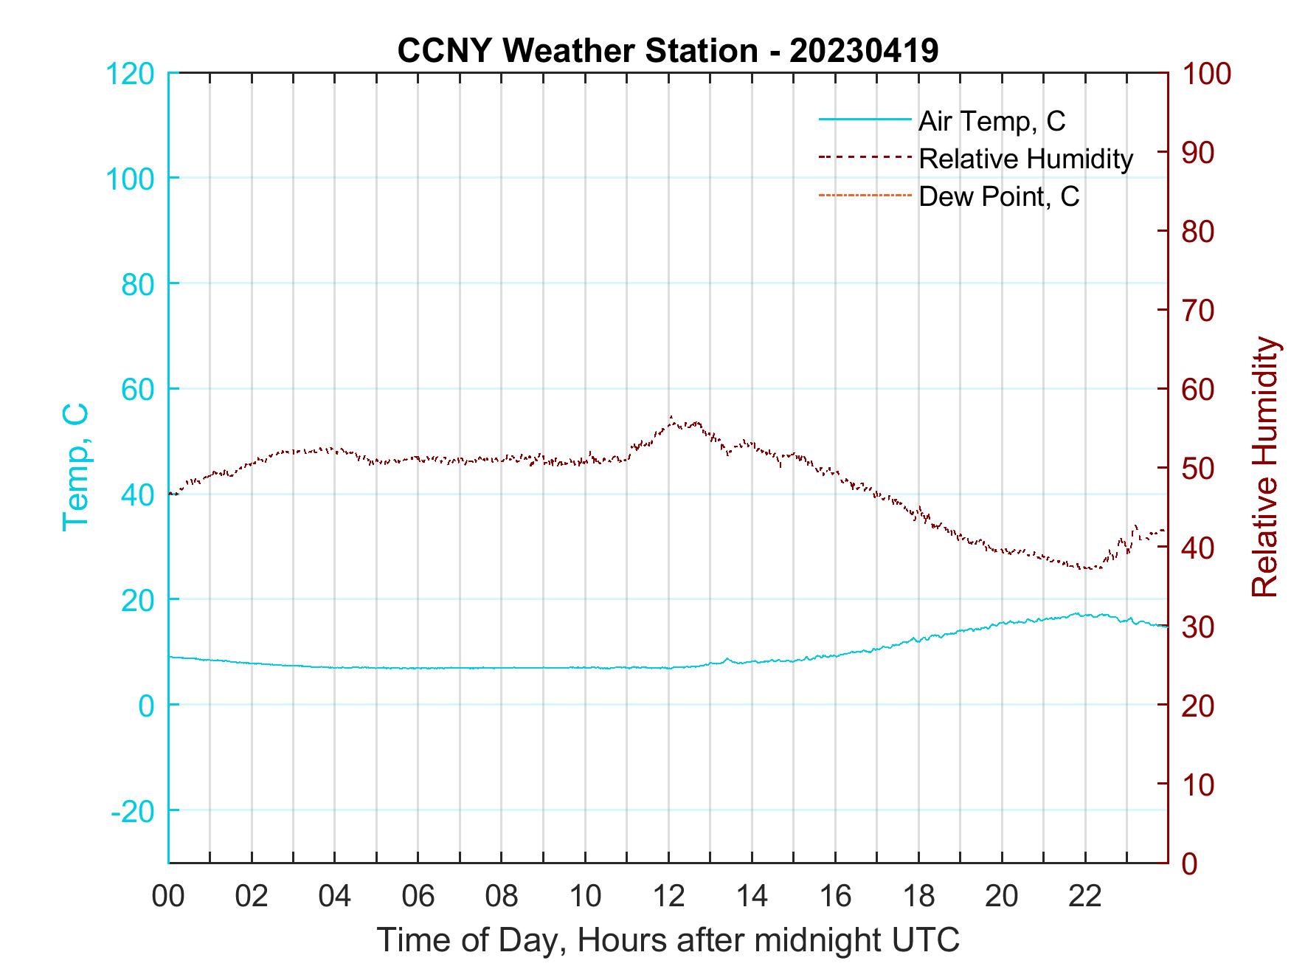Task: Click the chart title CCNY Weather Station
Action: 668,51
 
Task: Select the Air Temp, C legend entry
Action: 991,121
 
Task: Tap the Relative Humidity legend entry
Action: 1025,159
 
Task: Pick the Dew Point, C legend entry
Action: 998,196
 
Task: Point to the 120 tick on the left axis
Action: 130,74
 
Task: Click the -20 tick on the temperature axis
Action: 133,811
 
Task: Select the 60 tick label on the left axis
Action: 136,389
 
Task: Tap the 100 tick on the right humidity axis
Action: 1206,74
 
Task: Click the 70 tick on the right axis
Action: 1198,311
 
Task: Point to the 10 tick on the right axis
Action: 1198,784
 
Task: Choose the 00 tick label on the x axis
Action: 168,897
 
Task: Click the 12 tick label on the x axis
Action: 668,897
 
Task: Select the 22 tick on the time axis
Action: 1085,897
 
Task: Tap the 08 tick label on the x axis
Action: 502,897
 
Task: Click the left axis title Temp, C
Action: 75,466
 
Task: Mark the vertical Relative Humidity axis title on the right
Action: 1264,466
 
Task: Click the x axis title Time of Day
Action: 668,940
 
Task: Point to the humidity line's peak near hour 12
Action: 671,418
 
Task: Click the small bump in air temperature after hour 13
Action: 727,659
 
